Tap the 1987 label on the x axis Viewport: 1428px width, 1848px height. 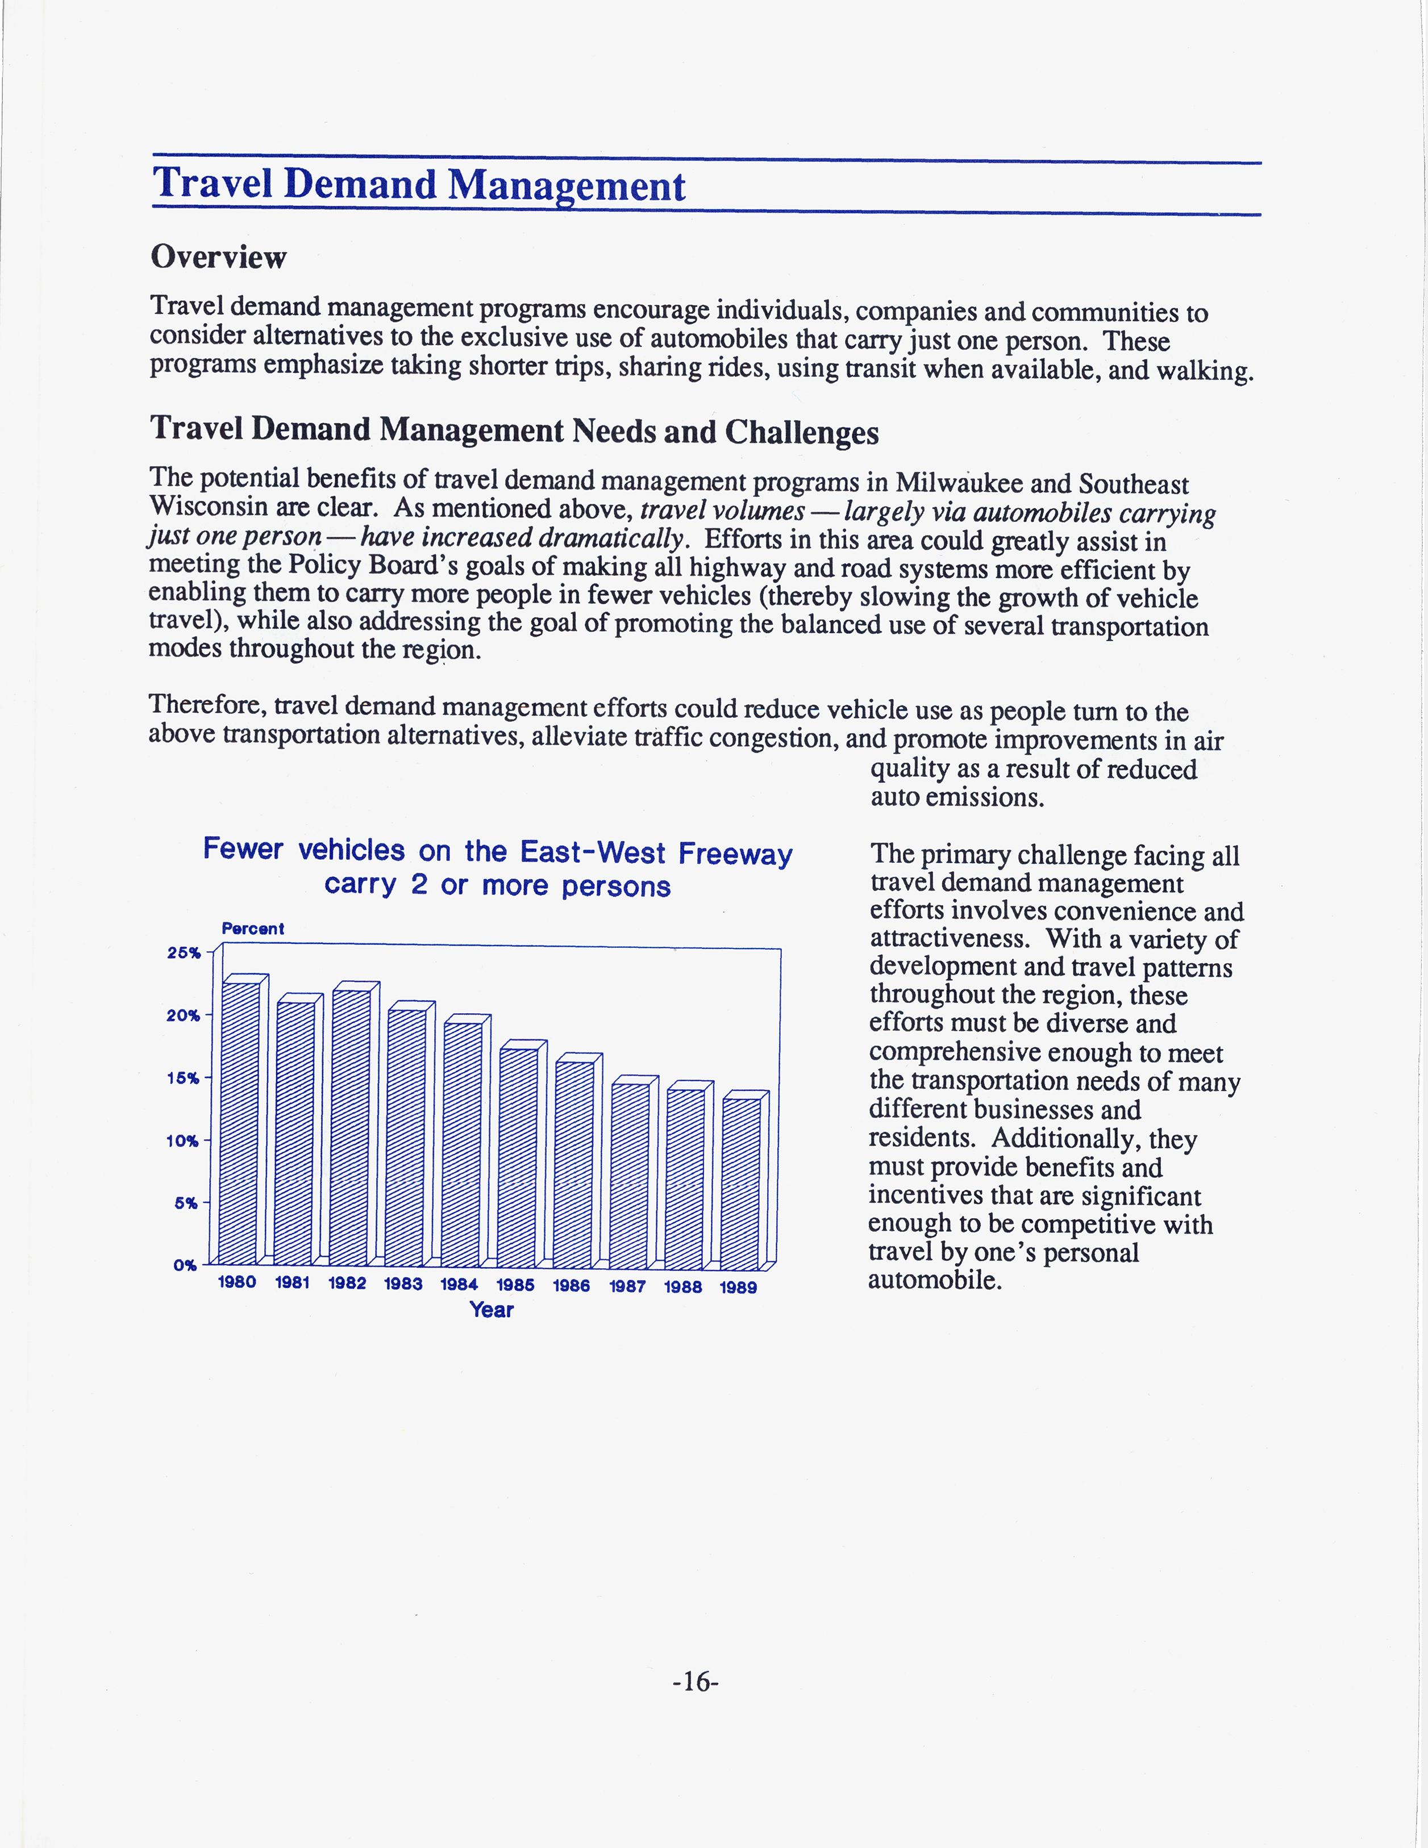pyautogui.click(x=627, y=1286)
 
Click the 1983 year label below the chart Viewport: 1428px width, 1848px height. pyautogui.click(x=403, y=1283)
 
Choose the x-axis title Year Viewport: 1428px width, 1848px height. pyautogui.click(x=492, y=1310)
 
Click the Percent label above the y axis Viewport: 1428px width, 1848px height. pyautogui.click(x=252, y=928)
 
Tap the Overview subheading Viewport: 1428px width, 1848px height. pyautogui.click(x=218, y=257)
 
